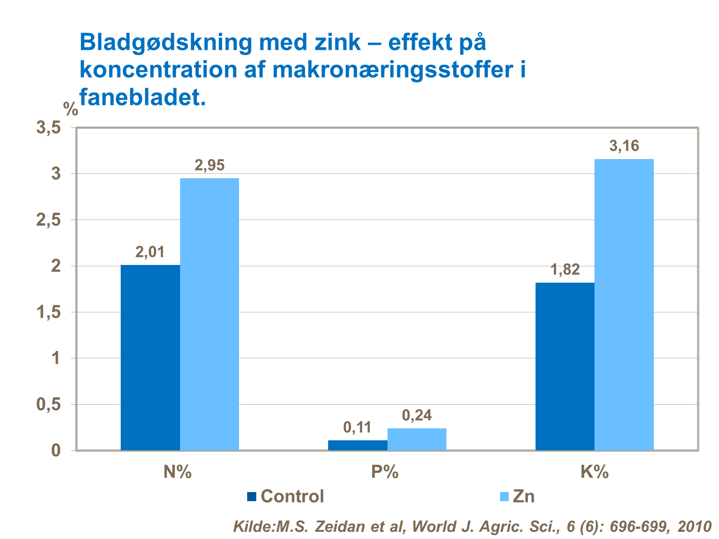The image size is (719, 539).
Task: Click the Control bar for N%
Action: [x=150, y=357]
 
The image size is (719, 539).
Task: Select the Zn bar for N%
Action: [x=209, y=314]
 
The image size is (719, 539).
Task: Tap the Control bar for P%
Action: [x=358, y=445]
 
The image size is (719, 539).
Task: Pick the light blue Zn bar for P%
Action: [x=417, y=439]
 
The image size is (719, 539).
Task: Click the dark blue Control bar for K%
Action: [x=565, y=367]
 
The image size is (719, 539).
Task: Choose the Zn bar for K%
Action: [x=624, y=305]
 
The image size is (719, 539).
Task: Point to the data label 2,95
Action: [x=209, y=165]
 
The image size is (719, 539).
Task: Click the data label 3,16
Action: [x=624, y=146]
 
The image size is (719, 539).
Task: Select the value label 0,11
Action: [x=357, y=427]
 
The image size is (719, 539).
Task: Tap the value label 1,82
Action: [x=565, y=270]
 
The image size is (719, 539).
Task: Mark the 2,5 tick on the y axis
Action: [x=49, y=220]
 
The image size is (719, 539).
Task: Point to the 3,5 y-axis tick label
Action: [x=49, y=128]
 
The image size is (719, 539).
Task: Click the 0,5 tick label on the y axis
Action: [x=49, y=404]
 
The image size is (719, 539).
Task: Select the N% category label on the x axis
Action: [x=177, y=472]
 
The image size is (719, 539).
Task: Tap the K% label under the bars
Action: [x=594, y=472]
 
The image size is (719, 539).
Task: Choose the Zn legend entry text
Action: [x=523, y=496]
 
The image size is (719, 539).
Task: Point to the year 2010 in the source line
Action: [x=694, y=527]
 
